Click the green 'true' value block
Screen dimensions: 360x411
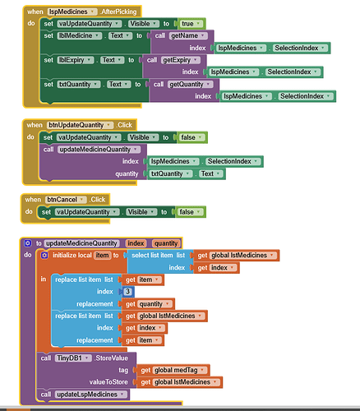click(192, 24)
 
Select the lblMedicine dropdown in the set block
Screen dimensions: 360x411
click(79, 35)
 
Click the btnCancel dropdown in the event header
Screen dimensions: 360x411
click(66, 200)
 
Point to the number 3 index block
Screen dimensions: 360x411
click(127, 292)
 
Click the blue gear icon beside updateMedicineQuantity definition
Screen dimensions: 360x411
click(28, 243)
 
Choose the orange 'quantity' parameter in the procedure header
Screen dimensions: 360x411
click(166, 243)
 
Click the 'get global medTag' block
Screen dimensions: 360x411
click(173, 370)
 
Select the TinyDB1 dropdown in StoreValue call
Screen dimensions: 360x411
click(73, 358)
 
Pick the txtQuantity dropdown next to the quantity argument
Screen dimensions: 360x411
click(170, 173)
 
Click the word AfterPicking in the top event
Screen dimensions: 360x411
click(118, 12)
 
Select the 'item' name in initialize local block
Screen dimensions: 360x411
click(103, 256)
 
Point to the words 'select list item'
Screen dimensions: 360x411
click(152, 256)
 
